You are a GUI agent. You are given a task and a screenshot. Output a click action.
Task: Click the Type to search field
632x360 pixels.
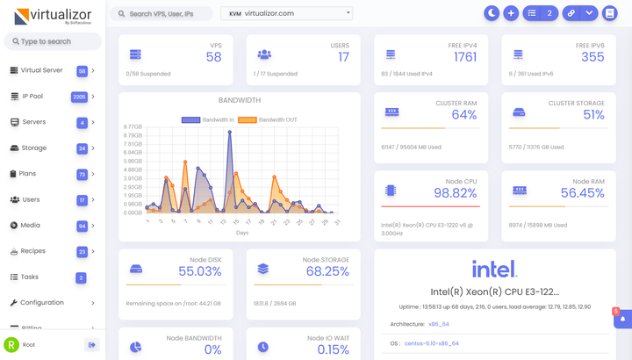[53, 41]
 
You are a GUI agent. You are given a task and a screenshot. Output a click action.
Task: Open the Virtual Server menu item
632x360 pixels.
[41, 71]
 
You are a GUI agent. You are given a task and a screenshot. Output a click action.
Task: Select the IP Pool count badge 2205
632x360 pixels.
[79, 97]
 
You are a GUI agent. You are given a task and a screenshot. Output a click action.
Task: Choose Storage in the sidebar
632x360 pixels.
[34, 148]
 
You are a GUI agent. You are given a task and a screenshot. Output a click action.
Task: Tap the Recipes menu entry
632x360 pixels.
[33, 251]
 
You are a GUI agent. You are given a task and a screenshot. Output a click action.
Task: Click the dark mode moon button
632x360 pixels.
[492, 13]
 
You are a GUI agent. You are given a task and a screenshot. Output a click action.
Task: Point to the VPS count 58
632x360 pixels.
[213, 57]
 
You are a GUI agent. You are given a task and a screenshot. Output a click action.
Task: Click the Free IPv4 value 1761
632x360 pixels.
[465, 57]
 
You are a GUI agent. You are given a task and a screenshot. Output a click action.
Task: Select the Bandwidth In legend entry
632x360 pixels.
[206, 119]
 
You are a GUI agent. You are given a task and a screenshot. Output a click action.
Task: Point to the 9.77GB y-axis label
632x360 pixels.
[133, 126]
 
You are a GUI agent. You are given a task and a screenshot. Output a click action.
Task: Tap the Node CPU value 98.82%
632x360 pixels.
[455, 193]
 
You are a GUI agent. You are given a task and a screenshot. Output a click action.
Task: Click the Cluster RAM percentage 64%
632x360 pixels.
[463, 115]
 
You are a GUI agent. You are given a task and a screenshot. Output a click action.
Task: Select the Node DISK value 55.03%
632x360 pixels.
[199, 272]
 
